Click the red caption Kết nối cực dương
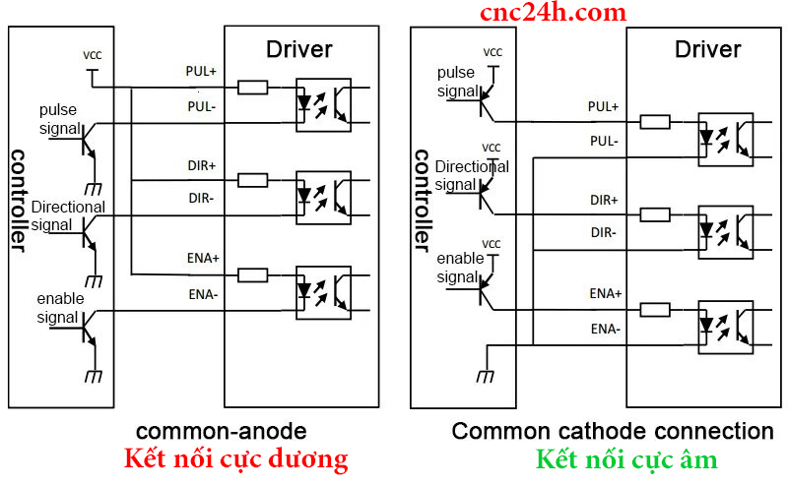point(235,459)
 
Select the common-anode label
point(221,431)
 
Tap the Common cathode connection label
point(613,431)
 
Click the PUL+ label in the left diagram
point(203,71)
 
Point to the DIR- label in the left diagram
point(202,198)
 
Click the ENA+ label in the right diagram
point(606,293)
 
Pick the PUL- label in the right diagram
point(604,141)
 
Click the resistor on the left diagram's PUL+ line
point(253,88)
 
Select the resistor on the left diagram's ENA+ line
point(253,274)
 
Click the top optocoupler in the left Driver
point(323,104)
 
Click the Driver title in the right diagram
point(707,49)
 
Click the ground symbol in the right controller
point(484,375)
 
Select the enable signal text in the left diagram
point(60,307)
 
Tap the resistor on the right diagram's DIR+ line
point(655,215)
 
